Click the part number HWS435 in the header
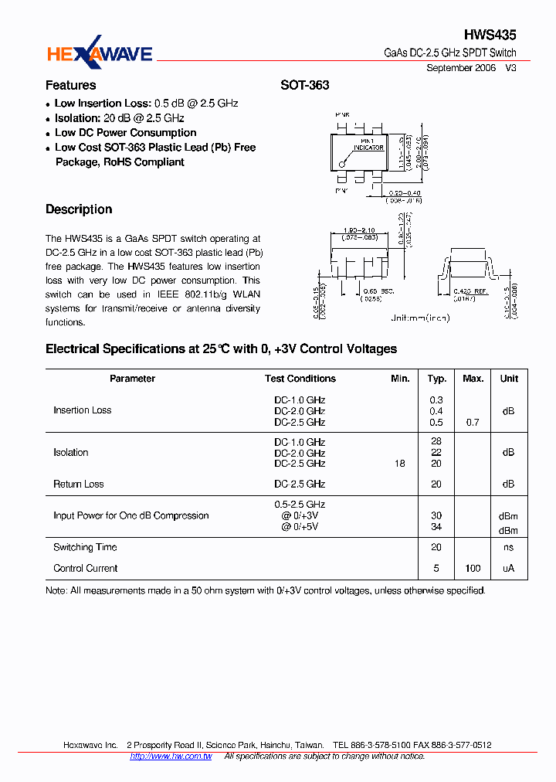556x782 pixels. tap(490, 35)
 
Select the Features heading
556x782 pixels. tap(70, 85)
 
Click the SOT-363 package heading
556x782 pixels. tap(304, 85)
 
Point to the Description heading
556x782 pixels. tap(78, 209)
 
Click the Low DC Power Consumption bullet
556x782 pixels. tap(125, 133)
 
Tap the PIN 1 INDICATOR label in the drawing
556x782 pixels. tap(368, 144)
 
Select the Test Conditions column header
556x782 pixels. tap(300, 379)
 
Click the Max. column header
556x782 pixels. tap(473, 379)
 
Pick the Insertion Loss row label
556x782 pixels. tap(82, 410)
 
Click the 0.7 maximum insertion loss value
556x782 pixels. tap(473, 423)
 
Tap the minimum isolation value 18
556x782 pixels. tap(399, 464)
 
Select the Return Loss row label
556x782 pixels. tap(78, 484)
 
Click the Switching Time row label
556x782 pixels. tap(85, 547)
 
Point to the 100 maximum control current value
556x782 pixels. tap(473, 568)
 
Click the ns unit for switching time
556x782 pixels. tap(509, 547)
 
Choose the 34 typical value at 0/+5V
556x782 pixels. tap(436, 527)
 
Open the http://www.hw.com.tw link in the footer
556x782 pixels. tap(171, 756)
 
